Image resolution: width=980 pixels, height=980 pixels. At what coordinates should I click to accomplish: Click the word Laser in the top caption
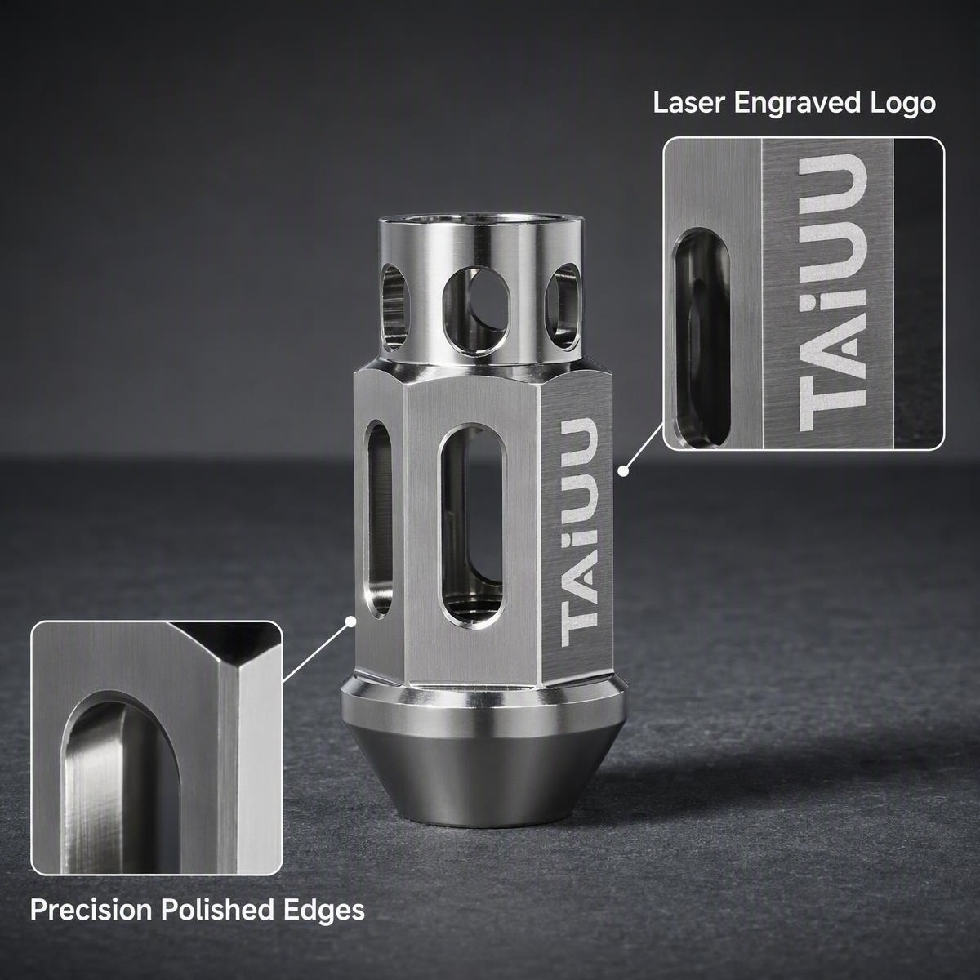tap(689, 103)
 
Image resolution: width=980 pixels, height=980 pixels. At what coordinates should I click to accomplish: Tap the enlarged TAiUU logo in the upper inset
tap(832, 293)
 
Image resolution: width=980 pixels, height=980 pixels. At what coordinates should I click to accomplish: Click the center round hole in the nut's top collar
tap(476, 310)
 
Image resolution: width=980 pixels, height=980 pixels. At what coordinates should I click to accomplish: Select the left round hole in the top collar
tap(395, 307)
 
